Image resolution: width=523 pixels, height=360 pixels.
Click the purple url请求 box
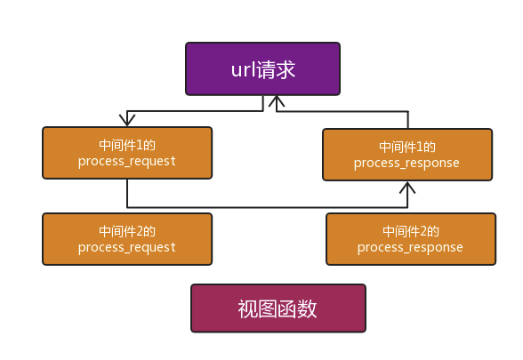262,69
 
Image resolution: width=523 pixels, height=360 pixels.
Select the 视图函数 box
278,308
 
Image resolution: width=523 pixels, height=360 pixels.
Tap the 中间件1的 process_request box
127,153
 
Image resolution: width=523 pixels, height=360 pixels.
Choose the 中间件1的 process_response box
406,155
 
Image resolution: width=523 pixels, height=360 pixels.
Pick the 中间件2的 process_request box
127,238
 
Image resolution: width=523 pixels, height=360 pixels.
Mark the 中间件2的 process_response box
410,238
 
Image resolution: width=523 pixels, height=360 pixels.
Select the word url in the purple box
241,69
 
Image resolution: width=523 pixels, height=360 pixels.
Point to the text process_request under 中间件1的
127,161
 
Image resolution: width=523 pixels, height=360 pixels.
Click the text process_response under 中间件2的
410,247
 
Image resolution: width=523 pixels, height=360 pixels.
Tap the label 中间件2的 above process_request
127,229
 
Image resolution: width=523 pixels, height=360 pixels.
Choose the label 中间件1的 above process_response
406,146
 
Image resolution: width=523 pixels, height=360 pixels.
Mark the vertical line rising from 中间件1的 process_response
408,120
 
